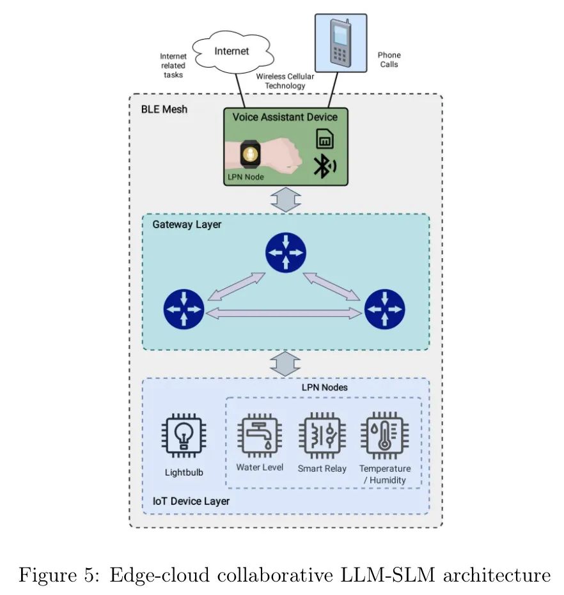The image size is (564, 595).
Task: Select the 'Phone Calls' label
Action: coord(389,60)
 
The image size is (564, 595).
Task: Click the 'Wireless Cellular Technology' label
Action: coord(285,81)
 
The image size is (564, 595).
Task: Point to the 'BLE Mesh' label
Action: coord(164,109)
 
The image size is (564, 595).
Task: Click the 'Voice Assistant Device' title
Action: coord(285,117)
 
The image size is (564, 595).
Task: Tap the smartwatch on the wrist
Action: coord(249,154)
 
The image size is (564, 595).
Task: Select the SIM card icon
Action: coord(325,139)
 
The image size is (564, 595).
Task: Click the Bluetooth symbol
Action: coord(323,166)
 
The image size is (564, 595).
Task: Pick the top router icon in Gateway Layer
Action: coord(286,252)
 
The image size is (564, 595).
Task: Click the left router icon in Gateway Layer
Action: coord(184,309)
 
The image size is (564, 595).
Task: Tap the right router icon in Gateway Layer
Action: coord(385,309)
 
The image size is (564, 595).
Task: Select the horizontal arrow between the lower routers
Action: coord(285,313)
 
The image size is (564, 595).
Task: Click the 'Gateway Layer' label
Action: coord(187,225)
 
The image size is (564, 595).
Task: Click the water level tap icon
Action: coord(259,435)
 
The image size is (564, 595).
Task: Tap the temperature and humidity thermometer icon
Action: coord(384,435)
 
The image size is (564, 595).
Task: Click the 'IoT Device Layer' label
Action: coord(191,501)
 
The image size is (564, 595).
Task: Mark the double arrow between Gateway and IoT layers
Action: coord(285,364)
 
